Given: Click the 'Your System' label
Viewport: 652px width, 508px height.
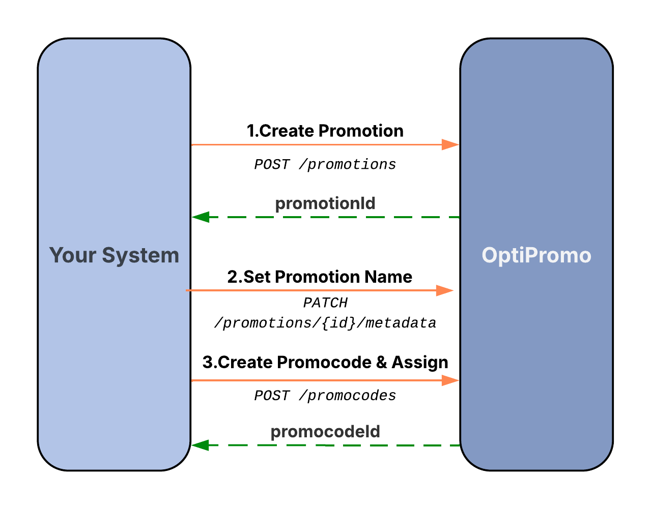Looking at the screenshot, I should point(114,255).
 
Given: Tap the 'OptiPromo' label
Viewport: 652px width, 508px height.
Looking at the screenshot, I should point(536,255).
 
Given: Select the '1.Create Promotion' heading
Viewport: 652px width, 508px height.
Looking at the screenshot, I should point(325,131).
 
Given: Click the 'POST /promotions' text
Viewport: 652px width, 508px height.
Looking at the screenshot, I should point(325,165).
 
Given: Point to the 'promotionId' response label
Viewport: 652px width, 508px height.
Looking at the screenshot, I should point(325,203).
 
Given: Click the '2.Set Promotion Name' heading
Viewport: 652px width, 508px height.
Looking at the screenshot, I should point(320,277).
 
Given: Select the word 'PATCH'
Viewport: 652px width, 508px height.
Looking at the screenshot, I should point(325,303).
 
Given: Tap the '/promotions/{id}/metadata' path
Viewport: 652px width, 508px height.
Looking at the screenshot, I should point(325,323).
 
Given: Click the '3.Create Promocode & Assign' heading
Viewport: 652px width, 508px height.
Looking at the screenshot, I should point(325,362).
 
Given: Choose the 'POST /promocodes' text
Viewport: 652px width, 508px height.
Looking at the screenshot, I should point(325,396).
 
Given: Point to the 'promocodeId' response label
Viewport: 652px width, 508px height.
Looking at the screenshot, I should point(325,432).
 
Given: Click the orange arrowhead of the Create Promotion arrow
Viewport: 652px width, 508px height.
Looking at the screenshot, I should point(450,145).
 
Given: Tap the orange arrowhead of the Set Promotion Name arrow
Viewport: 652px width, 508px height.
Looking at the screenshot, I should point(444,291).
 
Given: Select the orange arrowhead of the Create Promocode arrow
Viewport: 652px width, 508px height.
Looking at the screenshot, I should point(450,380).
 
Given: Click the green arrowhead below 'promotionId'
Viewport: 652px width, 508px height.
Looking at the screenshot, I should point(201,217).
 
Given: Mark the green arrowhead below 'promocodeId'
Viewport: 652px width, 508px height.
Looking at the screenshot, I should point(201,445).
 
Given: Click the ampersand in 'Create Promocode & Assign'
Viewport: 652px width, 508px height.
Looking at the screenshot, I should point(381,362).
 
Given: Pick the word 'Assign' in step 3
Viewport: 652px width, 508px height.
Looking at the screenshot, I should point(420,362).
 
